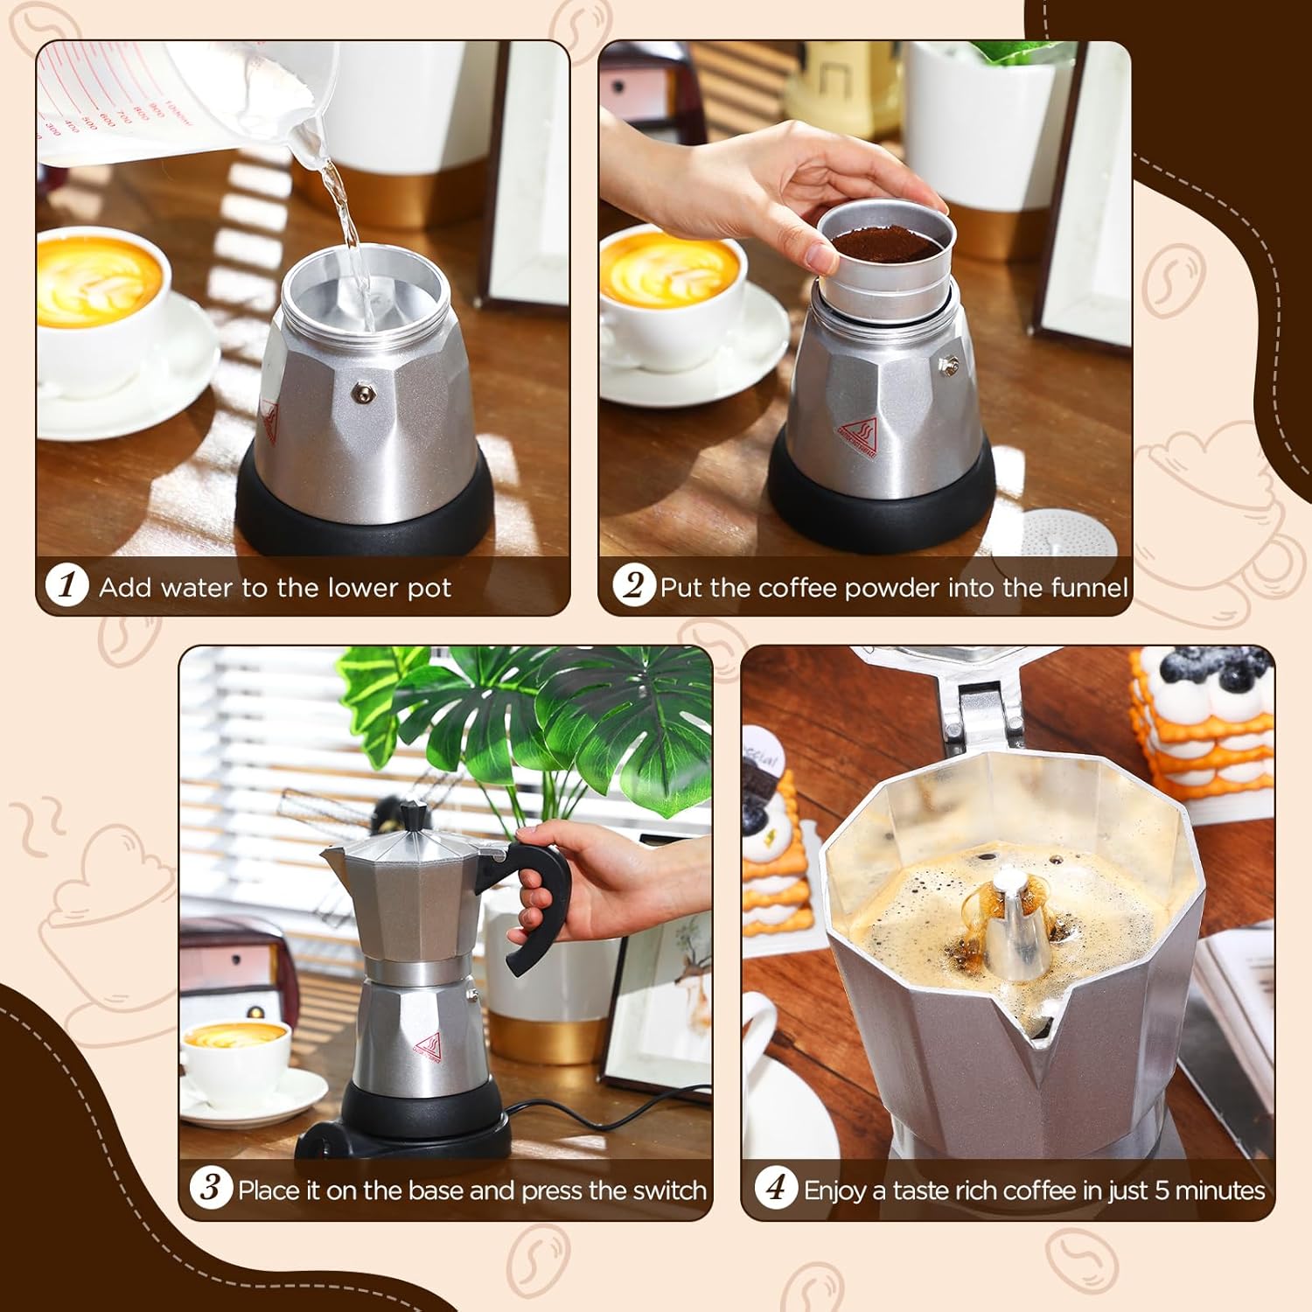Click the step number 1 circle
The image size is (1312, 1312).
coord(67,585)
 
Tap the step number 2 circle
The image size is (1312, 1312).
coord(633,585)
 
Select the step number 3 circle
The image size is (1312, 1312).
coord(211,1189)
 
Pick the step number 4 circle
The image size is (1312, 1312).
coord(776,1189)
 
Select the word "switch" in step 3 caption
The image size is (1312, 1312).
coord(666,1190)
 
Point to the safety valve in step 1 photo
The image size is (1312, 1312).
coord(359,394)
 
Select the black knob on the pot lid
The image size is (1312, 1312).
coord(414,814)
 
